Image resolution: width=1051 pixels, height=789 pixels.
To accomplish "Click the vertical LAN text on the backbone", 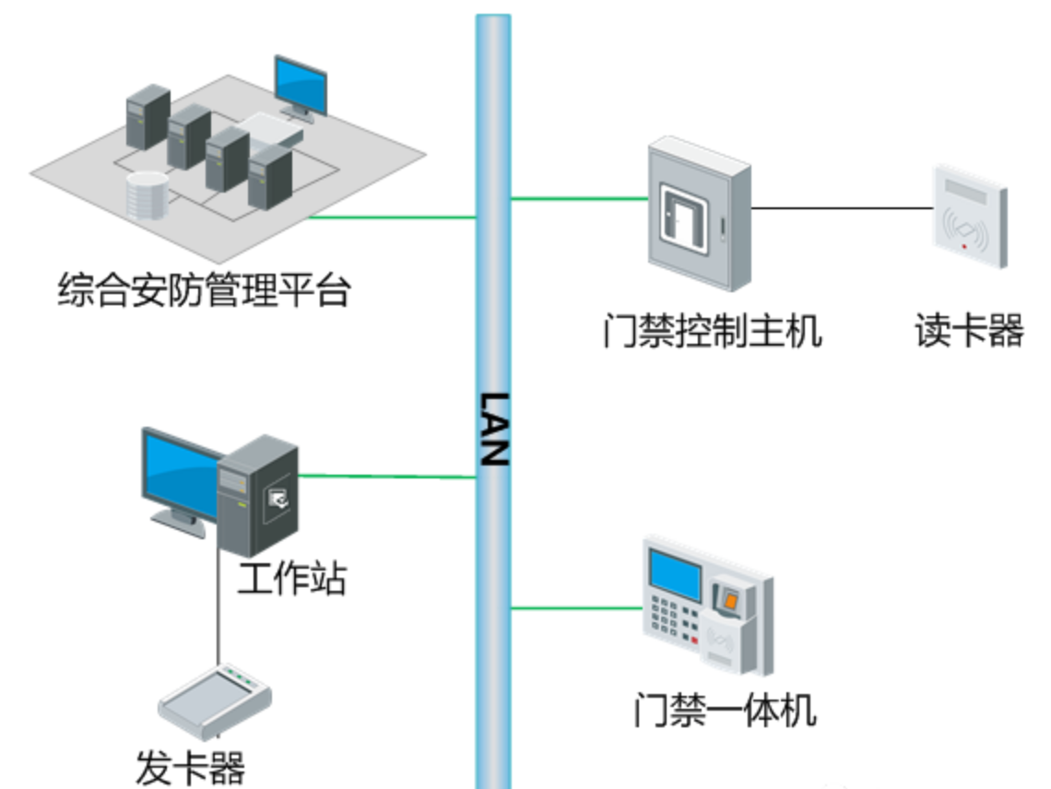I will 494,429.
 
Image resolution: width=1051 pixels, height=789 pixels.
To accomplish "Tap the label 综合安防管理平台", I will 204,289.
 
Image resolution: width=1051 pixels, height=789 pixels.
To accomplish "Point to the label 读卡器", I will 969,331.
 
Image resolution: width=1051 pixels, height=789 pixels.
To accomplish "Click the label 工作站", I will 291,580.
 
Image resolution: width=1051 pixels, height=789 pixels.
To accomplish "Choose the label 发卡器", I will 191,767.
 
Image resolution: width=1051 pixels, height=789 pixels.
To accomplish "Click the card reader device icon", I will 968,217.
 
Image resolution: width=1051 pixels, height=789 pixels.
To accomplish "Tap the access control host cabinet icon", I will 698,212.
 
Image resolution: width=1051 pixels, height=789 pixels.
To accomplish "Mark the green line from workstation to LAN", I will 387,477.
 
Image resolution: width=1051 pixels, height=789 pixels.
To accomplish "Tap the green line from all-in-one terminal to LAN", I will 575,607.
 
